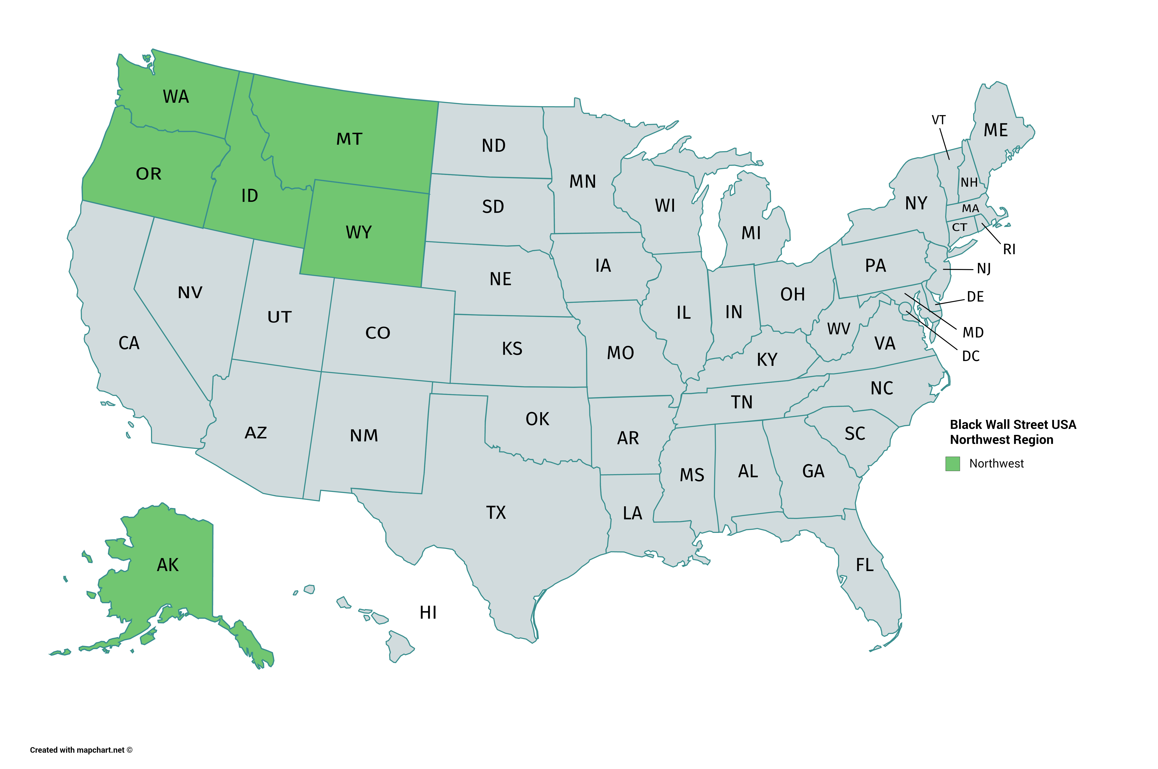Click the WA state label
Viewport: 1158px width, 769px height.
point(176,97)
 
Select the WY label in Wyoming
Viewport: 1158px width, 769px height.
point(359,232)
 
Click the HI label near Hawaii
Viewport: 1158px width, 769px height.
point(428,612)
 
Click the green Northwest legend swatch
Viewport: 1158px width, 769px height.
point(952,463)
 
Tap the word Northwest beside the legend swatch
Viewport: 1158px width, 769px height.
point(996,463)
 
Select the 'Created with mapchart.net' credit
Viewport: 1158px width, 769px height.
point(81,750)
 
